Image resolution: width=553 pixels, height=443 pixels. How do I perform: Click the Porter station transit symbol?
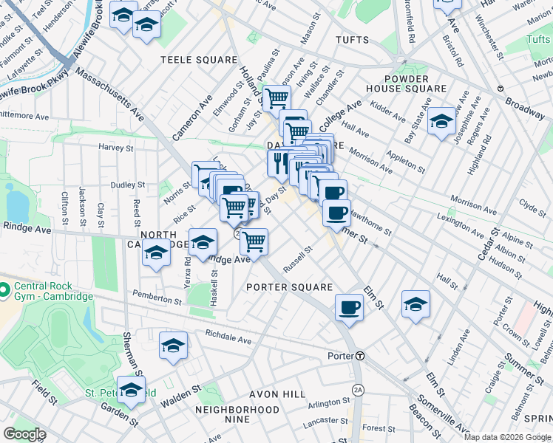pyautogui.click(x=359, y=356)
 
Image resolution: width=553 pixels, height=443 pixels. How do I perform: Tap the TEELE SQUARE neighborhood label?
pyautogui.click(x=200, y=60)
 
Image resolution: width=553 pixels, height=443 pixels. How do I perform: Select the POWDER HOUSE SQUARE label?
pyautogui.click(x=407, y=83)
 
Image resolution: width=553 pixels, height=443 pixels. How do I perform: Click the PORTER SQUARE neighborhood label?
pyautogui.click(x=289, y=287)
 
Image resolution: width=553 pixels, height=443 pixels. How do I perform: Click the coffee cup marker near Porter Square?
pyautogui.click(x=349, y=307)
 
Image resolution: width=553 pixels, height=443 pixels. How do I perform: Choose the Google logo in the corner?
pyautogui.click(x=24, y=434)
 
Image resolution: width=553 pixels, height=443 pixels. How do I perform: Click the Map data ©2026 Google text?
pyautogui.click(x=507, y=437)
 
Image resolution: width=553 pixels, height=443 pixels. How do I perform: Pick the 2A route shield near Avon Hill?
pyautogui.click(x=359, y=389)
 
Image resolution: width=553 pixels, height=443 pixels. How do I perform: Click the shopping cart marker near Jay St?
pyautogui.click(x=276, y=97)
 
